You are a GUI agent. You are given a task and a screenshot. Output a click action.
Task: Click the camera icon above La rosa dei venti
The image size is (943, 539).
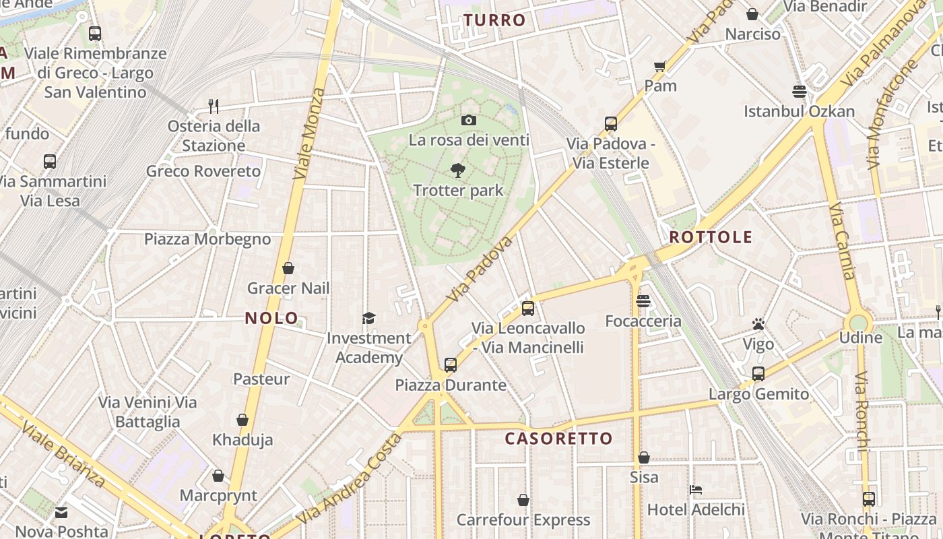[469, 121]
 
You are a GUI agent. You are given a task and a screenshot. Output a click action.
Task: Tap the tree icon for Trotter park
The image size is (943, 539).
[458, 170]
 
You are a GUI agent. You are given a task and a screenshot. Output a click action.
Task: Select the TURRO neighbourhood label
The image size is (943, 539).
[494, 20]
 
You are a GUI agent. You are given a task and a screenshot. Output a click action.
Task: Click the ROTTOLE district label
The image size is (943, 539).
[711, 237]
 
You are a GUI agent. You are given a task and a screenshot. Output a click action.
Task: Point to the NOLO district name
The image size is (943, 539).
[271, 318]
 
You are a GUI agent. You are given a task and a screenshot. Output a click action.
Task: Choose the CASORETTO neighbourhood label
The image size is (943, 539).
[559, 439]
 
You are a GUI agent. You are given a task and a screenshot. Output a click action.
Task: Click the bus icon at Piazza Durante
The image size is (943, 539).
[451, 365]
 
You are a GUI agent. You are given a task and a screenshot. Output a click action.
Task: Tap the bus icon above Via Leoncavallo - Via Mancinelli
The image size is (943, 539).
[528, 309]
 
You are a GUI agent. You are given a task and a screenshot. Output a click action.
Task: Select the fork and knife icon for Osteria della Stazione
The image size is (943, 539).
[214, 106]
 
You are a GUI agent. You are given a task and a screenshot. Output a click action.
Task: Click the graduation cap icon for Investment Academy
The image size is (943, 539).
[368, 318]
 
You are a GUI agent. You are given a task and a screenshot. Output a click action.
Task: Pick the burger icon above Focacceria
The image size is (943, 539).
[643, 301]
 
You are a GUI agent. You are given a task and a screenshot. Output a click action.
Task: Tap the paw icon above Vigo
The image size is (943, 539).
[758, 325]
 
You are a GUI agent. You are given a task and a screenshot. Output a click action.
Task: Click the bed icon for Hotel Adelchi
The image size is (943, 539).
[696, 489]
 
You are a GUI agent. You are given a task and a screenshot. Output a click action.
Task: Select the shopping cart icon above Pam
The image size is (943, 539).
[660, 66]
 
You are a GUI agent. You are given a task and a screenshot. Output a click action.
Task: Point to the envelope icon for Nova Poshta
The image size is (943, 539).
[61, 513]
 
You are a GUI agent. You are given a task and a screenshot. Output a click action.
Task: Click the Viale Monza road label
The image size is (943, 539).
[310, 133]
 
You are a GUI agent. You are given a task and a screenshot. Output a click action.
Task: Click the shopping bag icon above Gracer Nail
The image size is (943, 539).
[288, 268]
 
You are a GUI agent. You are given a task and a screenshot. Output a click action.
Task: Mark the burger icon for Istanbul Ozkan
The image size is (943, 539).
[800, 91]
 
